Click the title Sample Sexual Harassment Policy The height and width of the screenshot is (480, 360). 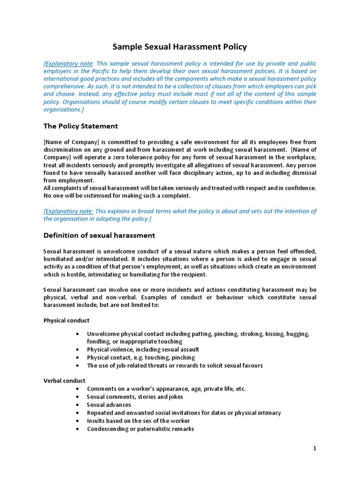(180, 47)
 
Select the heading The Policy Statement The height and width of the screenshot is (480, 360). (81, 126)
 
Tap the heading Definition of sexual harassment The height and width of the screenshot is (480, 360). (99, 235)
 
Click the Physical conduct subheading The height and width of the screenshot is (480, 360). (66, 321)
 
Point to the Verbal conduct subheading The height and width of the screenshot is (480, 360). (64, 381)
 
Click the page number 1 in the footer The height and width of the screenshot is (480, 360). (315, 449)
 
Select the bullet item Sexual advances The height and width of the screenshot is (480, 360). (109, 405)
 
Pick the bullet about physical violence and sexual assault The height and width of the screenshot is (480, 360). (143, 350)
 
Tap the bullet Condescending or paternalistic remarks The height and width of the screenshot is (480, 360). (140, 429)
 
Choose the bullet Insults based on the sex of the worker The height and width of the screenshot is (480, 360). (138, 421)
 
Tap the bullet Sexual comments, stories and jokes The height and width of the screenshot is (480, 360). (135, 397)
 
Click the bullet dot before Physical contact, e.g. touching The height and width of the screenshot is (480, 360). (77, 358)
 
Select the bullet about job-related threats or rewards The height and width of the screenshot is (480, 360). (175, 366)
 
